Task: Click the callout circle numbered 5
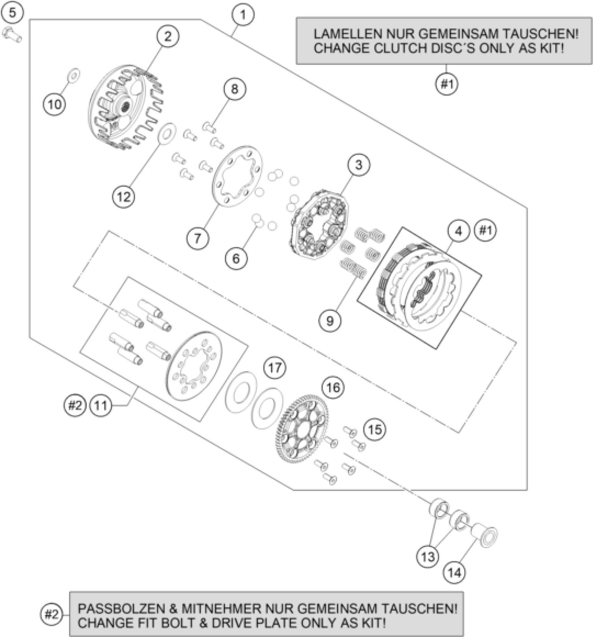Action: (x=12, y=13)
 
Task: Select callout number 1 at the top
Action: (x=243, y=15)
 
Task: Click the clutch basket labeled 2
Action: (x=125, y=106)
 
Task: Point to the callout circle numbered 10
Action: (x=55, y=104)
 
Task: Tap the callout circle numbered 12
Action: (x=123, y=197)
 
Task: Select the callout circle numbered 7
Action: (x=197, y=238)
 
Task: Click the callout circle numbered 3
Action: (x=359, y=165)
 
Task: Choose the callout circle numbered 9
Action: (x=330, y=320)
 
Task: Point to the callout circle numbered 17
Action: (x=275, y=368)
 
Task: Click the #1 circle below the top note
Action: (x=447, y=84)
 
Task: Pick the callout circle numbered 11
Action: (x=101, y=406)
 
